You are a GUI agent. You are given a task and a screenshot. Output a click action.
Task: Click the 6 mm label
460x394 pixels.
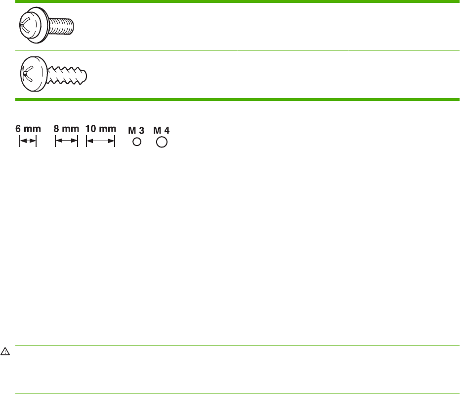pyautogui.click(x=28, y=129)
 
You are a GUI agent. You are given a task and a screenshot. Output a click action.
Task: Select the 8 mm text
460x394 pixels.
pyautogui.click(x=66, y=129)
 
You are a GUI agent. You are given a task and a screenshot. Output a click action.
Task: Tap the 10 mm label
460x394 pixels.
pyautogui.click(x=101, y=129)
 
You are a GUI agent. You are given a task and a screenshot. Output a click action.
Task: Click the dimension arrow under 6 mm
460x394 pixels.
pyautogui.click(x=28, y=142)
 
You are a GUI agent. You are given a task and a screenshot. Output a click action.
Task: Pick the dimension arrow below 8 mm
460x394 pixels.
pyautogui.click(x=66, y=142)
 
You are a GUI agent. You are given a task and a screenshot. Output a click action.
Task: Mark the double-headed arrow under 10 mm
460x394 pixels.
pyautogui.click(x=101, y=142)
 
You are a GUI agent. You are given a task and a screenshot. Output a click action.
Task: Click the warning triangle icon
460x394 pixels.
pyautogui.click(x=5, y=351)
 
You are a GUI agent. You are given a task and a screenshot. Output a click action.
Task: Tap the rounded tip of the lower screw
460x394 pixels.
pyautogui.click(x=86, y=76)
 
